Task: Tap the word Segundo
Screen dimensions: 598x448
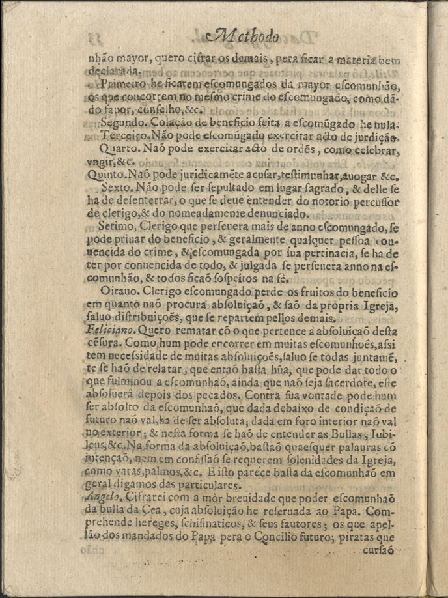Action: click(122, 122)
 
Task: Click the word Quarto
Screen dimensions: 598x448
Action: click(118, 149)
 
